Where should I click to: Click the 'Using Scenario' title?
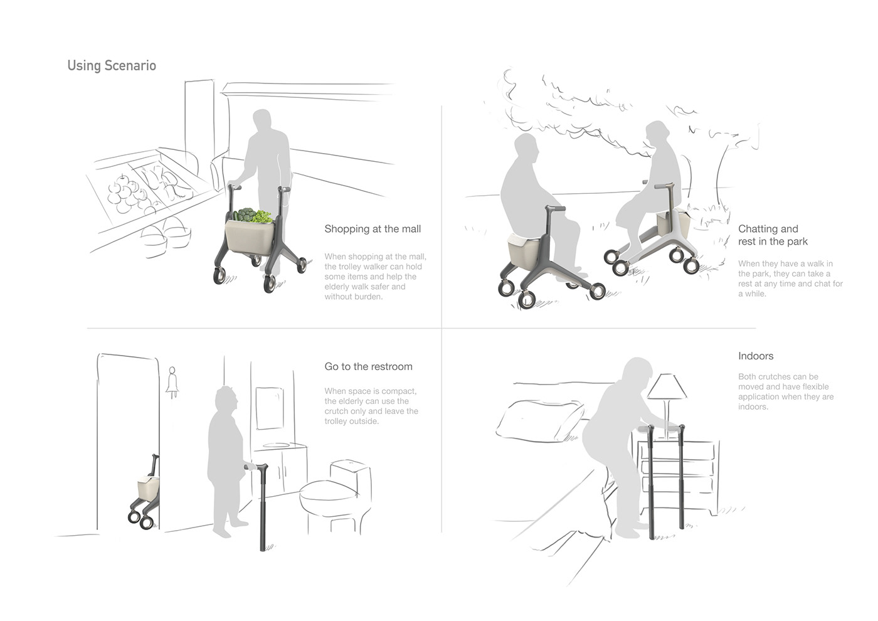(x=112, y=65)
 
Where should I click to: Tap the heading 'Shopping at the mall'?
(x=373, y=229)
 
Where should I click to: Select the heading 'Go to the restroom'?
(x=369, y=366)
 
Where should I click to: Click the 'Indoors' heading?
(x=756, y=356)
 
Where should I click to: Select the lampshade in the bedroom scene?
(x=667, y=386)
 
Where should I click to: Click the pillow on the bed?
(x=539, y=421)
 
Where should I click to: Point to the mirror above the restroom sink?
(x=270, y=408)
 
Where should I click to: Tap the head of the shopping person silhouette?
(x=262, y=120)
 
